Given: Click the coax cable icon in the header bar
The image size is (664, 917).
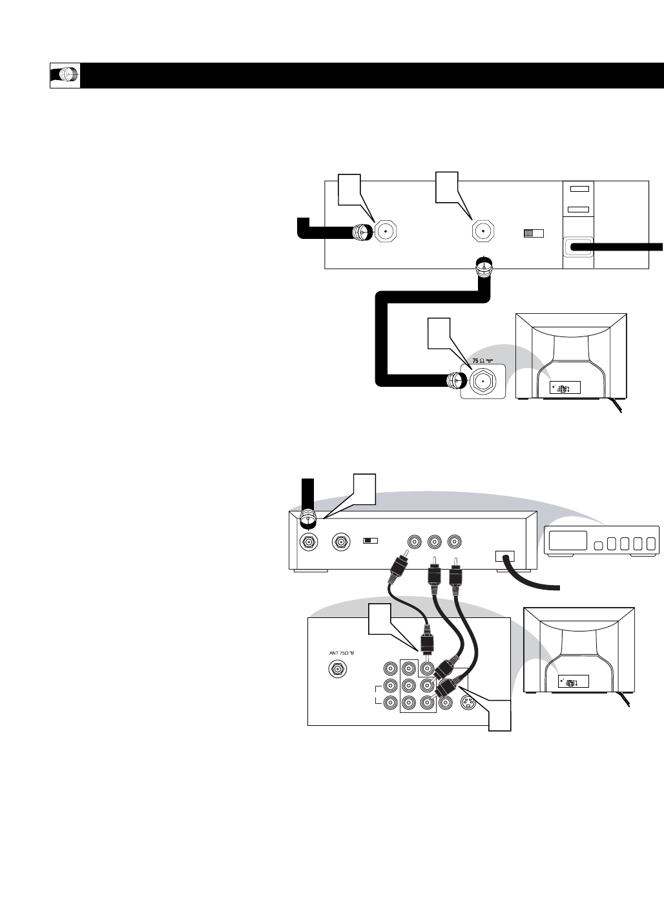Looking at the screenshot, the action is (65, 76).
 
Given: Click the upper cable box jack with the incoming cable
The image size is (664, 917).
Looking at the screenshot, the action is (385, 231).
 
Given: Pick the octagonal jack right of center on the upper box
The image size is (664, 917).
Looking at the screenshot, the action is (482, 231).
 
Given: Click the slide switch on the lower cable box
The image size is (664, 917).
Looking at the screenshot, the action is (370, 540).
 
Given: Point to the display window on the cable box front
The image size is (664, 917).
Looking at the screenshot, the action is (566, 541).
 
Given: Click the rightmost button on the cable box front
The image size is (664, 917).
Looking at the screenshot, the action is (650, 542).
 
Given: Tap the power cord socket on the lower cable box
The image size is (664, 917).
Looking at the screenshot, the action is (504, 556).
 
